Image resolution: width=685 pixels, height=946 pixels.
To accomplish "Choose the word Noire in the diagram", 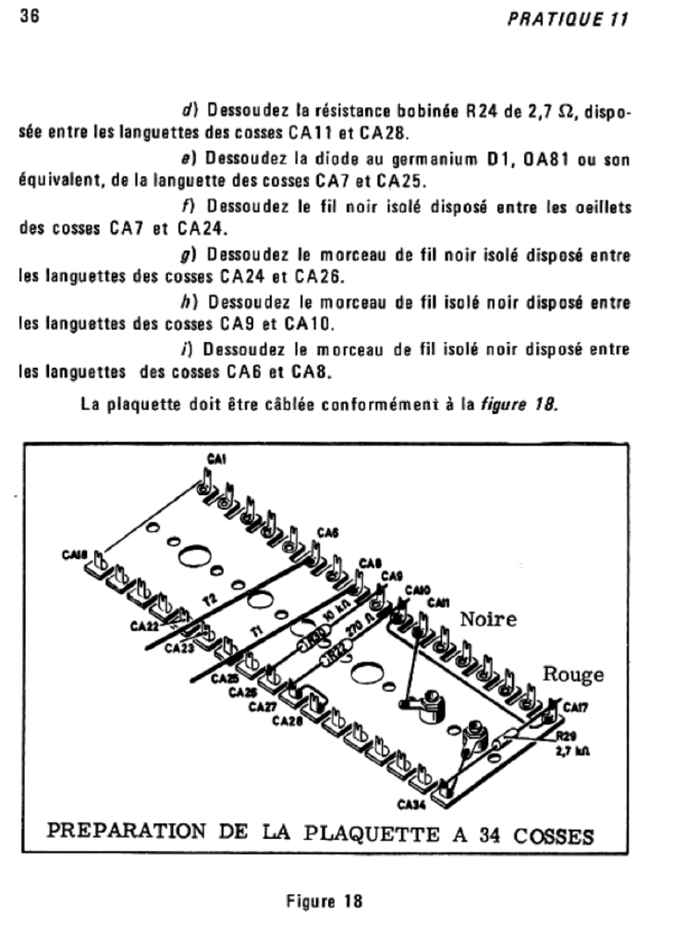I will [489, 619].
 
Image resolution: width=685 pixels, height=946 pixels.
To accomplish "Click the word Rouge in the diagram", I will [573, 674].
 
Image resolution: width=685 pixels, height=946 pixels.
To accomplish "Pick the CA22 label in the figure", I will [144, 626].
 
